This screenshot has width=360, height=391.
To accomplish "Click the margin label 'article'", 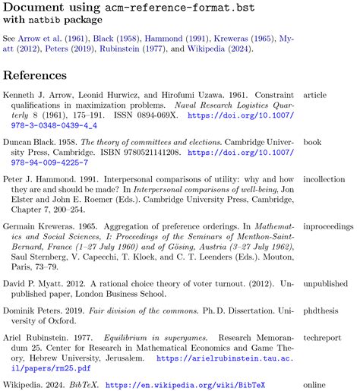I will [x=315, y=96].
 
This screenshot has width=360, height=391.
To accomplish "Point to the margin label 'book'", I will [x=313, y=142].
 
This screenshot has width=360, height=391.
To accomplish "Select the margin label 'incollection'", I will [x=324, y=179].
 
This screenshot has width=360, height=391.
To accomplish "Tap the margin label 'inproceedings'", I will [x=328, y=226].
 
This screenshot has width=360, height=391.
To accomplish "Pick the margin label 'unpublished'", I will [x=326, y=285].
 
